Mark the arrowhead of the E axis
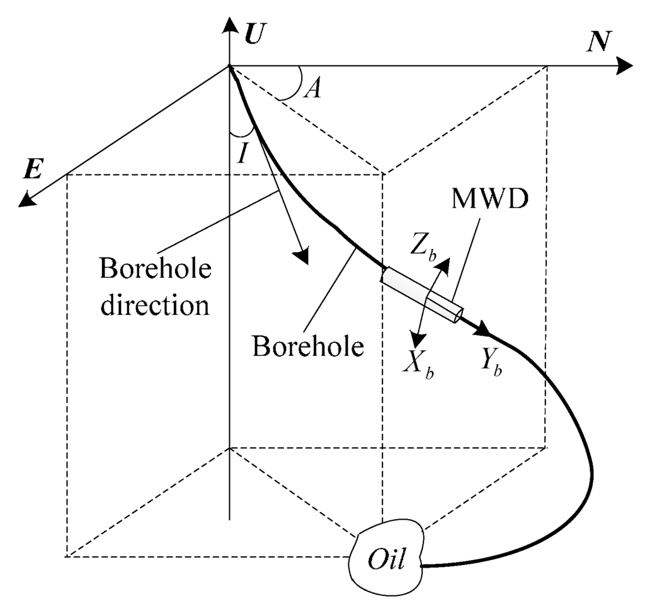(26, 200)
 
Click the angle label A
(313, 89)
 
